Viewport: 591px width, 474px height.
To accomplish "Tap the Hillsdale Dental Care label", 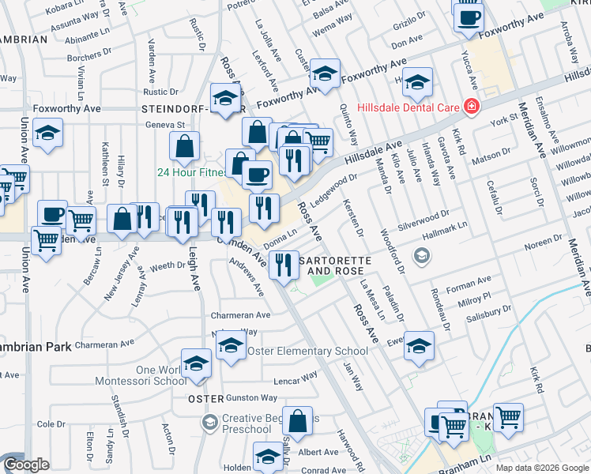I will (410, 107).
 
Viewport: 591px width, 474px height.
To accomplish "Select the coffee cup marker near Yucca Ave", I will (469, 16).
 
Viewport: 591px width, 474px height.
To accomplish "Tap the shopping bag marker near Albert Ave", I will (297, 422).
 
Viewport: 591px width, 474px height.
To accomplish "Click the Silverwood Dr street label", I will (423, 216).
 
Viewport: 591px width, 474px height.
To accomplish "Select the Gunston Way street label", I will (251, 397).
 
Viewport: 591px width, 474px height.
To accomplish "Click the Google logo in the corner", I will (27, 465).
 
